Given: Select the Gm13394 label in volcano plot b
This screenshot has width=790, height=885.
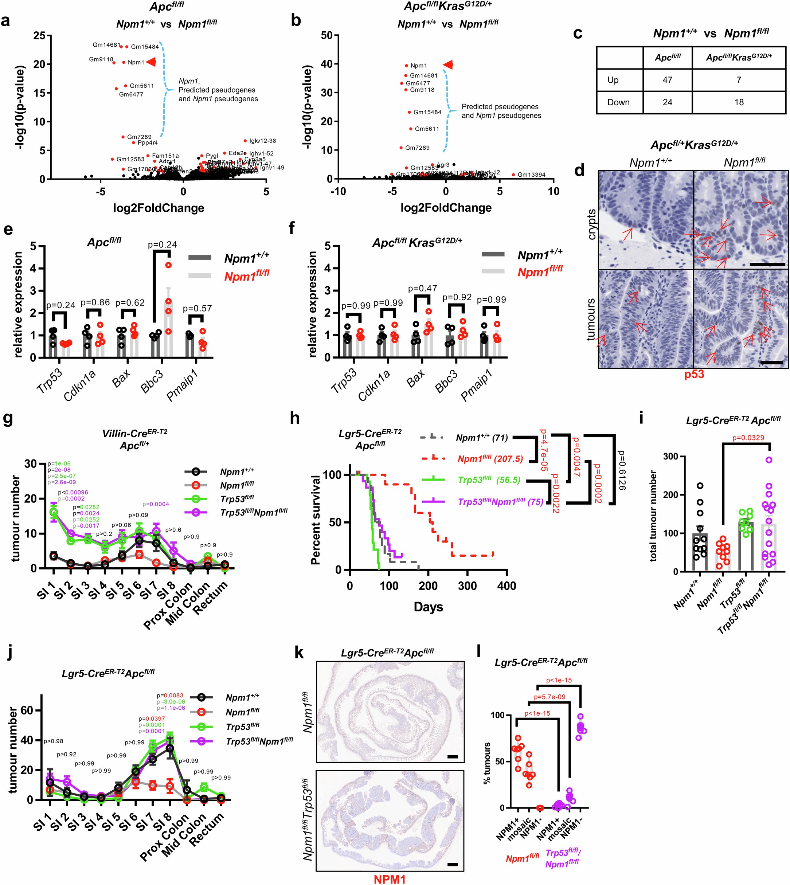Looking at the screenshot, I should point(531,175).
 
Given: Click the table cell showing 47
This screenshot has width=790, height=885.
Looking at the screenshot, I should point(667,80).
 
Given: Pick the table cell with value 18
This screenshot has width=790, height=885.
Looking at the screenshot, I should point(738,102).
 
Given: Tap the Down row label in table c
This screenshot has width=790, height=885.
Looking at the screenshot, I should point(618,102).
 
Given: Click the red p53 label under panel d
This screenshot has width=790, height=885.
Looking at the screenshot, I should point(694,375).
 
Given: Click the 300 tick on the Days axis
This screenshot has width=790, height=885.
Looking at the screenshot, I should point(468,586).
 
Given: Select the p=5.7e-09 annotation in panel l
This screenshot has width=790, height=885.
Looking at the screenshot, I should point(549,697).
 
